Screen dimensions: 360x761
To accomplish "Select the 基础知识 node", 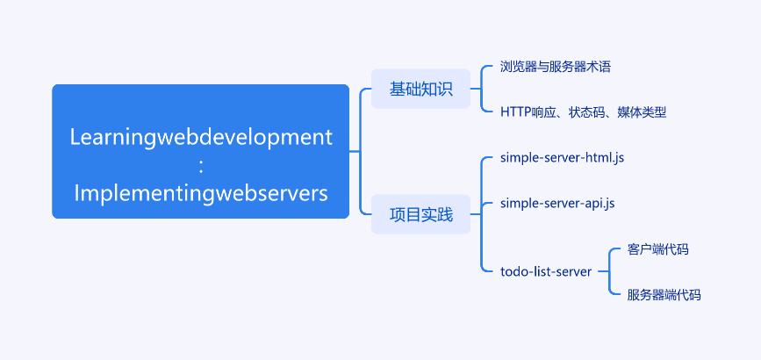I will [420, 89].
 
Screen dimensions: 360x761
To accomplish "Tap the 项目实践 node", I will [420, 214].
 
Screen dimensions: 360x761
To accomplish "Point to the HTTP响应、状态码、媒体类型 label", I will [584, 112].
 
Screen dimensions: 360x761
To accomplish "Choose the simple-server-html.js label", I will [562, 157].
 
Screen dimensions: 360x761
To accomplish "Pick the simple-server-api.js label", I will [557, 203].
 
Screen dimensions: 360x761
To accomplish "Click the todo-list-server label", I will [546, 271].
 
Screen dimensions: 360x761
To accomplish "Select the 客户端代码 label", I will [658, 249].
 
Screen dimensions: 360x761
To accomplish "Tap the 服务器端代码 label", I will [664, 295].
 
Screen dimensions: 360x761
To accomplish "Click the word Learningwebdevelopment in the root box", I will [201, 138].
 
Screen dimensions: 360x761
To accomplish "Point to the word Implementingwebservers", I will [201, 192].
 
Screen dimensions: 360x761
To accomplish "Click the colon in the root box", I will [201, 166].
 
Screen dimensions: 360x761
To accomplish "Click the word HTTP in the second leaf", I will [515, 112].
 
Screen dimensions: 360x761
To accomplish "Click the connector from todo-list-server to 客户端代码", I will [612, 255].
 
